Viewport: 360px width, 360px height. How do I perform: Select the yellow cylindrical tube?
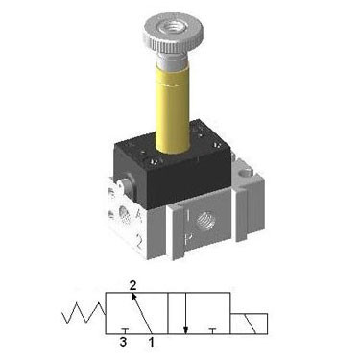173,108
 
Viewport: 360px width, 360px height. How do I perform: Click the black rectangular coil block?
173,165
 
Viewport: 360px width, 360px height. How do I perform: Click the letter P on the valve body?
188,239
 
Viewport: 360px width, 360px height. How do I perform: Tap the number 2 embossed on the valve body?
139,241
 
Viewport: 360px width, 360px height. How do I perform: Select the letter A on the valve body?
139,215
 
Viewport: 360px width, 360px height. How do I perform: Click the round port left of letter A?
124,214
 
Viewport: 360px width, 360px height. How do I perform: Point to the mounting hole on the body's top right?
247,173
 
